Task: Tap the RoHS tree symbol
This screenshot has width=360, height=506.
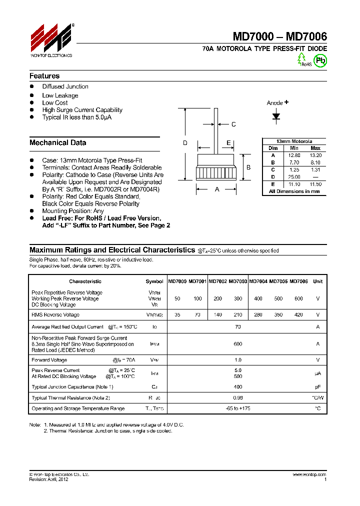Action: click(301, 59)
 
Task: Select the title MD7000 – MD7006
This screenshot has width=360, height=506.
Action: click(279, 36)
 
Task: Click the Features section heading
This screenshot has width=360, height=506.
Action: click(44, 76)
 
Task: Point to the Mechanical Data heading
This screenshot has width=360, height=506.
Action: click(57, 142)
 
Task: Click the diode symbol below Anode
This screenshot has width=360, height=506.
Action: click(276, 116)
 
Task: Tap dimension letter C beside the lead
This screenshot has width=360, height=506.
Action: click(233, 124)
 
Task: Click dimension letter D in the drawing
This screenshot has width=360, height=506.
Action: click(185, 143)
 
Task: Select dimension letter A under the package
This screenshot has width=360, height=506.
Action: click(216, 189)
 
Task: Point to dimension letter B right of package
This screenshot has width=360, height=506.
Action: click(248, 167)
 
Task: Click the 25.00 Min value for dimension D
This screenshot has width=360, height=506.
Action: click(294, 177)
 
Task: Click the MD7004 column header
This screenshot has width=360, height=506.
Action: click(258, 281)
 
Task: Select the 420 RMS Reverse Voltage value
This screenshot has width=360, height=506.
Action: click(298, 315)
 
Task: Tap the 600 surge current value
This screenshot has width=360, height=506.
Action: click(237, 344)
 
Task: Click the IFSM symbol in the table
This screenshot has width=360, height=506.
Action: click(154, 344)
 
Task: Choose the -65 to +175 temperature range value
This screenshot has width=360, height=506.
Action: click(237, 408)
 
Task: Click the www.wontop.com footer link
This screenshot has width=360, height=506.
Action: click(310, 474)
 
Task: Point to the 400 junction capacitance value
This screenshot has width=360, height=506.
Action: click(237, 387)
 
